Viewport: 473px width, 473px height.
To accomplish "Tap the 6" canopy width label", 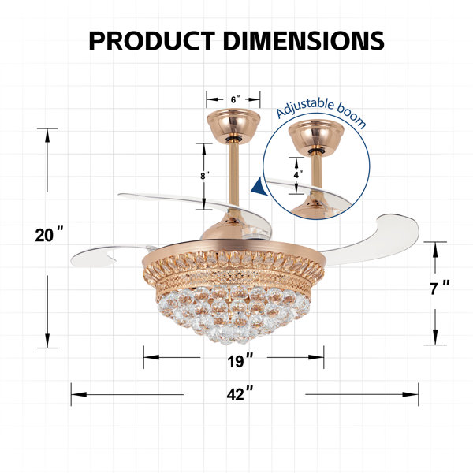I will [x=234, y=100].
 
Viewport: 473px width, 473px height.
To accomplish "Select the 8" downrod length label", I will [x=204, y=176].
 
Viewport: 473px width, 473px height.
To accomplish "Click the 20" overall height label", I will [x=48, y=235].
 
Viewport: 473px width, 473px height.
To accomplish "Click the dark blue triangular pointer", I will [x=258, y=187].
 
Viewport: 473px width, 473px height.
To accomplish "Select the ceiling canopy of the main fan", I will [x=234, y=127].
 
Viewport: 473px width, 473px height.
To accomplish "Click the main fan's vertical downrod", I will [x=234, y=181].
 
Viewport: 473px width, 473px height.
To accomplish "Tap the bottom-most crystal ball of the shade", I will [x=233, y=337].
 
